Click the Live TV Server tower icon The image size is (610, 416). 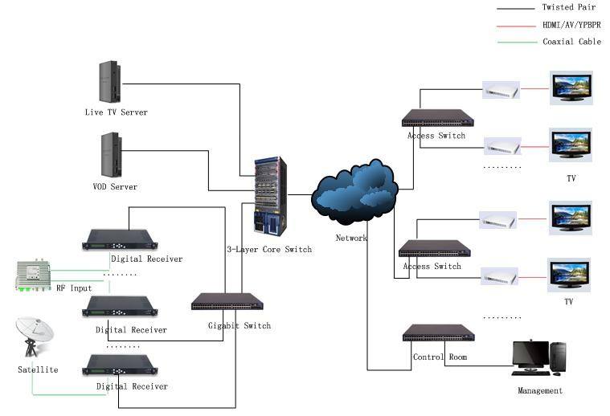click(110, 82)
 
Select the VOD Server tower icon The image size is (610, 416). click(112, 155)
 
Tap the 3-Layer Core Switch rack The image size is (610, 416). click(271, 196)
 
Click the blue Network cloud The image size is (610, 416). click(354, 192)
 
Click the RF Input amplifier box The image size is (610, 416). click(34, 275)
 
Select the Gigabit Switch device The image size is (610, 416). click(227, 302)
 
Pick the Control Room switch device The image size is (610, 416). click(439, 333)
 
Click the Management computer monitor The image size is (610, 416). click(530, 355)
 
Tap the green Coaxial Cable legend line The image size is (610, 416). click(517, 42)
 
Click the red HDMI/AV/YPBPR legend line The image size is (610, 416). click(516, 26)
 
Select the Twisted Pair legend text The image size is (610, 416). click(569, 7)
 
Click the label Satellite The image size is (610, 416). click(38, 369)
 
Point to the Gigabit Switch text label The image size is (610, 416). click(239, 326)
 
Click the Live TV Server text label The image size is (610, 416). click(117, 112)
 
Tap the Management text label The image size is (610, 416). click(540, 391)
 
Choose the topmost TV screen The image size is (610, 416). click(571, 88)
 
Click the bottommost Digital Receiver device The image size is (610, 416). click(120, 365)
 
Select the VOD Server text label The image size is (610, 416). click(115, 186)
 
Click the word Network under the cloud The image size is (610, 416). click(351, 238)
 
